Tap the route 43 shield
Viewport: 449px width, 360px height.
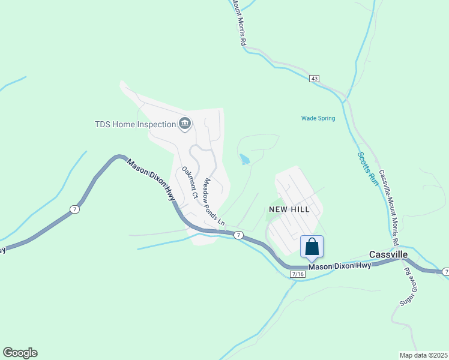click(315, 79)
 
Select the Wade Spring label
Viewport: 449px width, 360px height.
click(318, 118)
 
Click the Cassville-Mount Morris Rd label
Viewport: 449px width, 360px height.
click(388, 206)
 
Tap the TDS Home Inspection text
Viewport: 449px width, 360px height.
click(135, 124)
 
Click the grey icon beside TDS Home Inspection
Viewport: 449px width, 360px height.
click(185, 124)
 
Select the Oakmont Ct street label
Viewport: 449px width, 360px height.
click(190, 182)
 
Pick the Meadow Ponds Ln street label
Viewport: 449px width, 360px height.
click(214, 202)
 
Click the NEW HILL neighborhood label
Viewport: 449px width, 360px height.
click(289, 209)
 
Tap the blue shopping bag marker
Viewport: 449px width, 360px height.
click(312, 247)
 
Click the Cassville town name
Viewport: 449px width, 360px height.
click(388, 254)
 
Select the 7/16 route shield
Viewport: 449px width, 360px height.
click(297, 274)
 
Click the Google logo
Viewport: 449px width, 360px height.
click(20, 353)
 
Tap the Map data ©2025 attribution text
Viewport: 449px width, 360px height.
click(423, 355)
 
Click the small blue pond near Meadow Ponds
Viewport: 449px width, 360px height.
click(245, 160)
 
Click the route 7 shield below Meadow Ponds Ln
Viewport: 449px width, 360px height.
click(238, 235)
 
